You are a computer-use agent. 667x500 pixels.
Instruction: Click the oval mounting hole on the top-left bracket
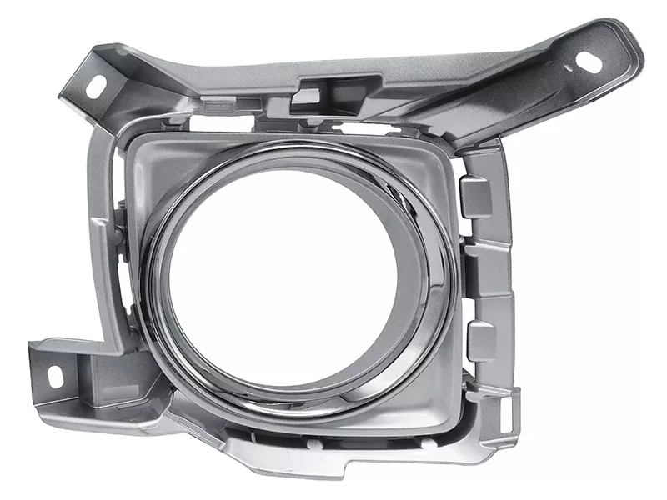(x=94, y=85)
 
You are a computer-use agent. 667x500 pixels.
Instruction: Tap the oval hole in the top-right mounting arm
(x=589, y=61)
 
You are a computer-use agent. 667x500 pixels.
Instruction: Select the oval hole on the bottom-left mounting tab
(x=55, y=377)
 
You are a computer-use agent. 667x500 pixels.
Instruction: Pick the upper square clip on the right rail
(x=476, y=197)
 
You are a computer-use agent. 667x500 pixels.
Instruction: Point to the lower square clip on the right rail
(x=481, y=342)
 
